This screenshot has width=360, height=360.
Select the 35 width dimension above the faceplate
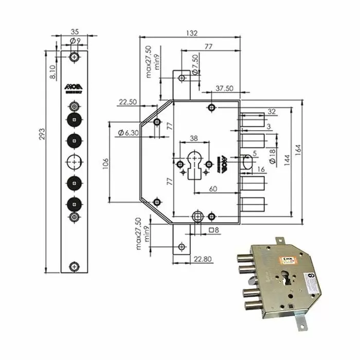[74, 31]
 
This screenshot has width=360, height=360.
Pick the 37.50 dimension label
[225, 88]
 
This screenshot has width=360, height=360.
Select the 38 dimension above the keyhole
[194, 138]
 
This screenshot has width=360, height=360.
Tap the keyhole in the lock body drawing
[194, 164]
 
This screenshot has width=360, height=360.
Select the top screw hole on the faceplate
[75, 56]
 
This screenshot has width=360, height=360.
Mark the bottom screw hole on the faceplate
[75, 266]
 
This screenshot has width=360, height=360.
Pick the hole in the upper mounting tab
[181, 78]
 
